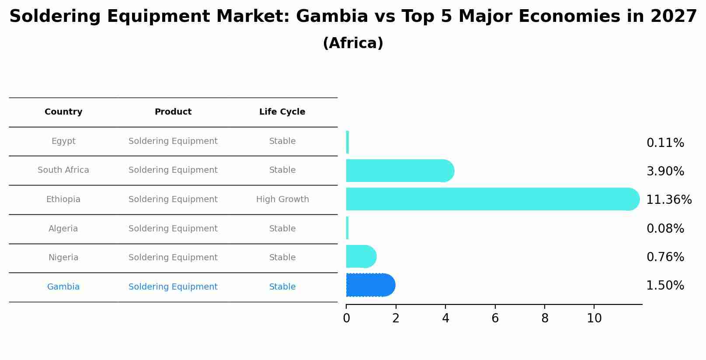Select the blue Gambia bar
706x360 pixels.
tap(371, 285)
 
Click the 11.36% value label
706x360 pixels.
tap(669, 200)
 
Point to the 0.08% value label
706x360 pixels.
tap(665, 229)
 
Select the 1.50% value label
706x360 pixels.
tap(665, 286)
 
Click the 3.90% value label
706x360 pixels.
tap(665, 171)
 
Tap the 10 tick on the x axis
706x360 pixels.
tap(594, 318)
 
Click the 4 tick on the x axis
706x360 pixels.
tap(445, 318)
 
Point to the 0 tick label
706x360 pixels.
tap(346, 318)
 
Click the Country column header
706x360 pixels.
tap(63, 112)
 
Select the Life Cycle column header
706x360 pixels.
tap(282, 112)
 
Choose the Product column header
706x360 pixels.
tap(173, 112)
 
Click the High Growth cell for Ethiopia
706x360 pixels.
tap(282, 199)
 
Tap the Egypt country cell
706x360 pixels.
tap(63, 141)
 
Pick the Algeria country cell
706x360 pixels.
tap(63, 229)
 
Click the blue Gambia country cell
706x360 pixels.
tap(63, 287)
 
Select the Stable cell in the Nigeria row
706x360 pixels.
tap(282, 258)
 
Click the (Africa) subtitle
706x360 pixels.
tap(353, 43)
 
